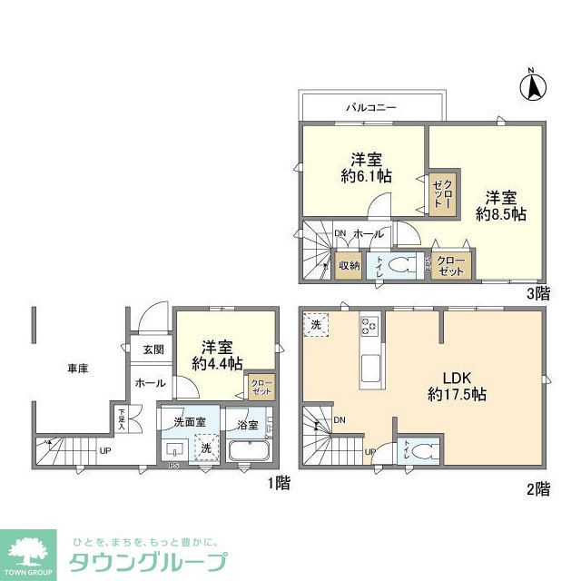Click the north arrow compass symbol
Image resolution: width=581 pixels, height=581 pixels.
pyautogui.click(x=533, y=87)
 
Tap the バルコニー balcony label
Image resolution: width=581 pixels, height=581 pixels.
pyautogui.click(x=370, y=107)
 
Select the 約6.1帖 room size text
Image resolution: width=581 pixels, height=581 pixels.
pyautogui.click(x=368, y=176)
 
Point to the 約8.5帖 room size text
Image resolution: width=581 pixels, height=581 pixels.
pyautogui.click(x=502, y=215)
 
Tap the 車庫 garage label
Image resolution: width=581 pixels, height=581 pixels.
pyautogui.click(x=77, y=369)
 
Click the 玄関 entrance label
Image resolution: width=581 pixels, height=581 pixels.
pyautogui.click(x=153, y=350)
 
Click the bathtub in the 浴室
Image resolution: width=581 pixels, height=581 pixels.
pyautogui.click(x=249, y=451)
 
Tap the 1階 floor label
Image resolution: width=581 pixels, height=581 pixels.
pyautogui.click(x=278, y=483)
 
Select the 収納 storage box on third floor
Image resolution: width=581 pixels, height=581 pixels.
pyautogui.click(x=349, y=266)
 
